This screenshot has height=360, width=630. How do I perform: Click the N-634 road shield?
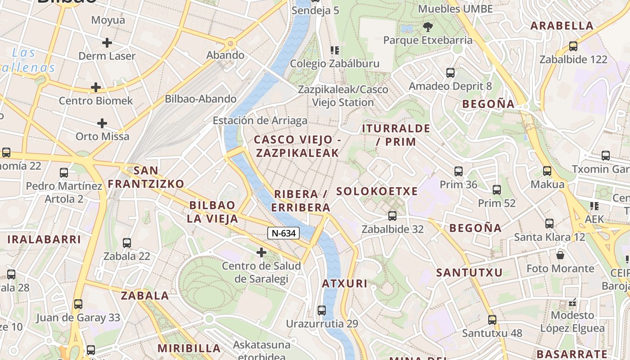pyautogui.click(x=284, y=233)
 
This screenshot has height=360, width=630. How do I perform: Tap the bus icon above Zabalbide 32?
pyautogui.click(x=392, y=216)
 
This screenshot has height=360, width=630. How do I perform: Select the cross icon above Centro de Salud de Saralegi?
pyautogui.click(x=261, y=252)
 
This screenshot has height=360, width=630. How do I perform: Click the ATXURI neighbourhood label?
pyautogui.click(x=345, y=284)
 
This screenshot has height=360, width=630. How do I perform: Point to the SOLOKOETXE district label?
pyautogui.click(x=377, y=191)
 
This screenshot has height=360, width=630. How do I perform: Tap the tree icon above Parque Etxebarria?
pyautogui.click(x=427, y=27)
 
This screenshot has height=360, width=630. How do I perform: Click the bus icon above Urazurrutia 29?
pyautogui.click(x=322, y=310)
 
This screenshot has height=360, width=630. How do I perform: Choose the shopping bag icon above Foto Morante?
pyautogui.click(x=560, y=255)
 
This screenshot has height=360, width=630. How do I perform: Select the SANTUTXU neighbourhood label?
pyautogui.click(x=469, y=273)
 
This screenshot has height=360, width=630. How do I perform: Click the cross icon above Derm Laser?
pyautogui.click(x=107, y=43)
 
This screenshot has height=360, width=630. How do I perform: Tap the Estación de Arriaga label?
pyautogui.click(x=260, y=121)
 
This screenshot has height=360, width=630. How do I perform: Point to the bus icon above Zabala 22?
pyautogui.click(x=127, y=243)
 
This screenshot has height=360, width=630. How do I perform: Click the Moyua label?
pyautogui.click(x=108, y=20)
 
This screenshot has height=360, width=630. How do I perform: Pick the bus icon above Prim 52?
pyautogui.click(x=497, y=190)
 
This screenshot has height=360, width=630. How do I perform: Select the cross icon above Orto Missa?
pyautogui.click(x=103, y=123)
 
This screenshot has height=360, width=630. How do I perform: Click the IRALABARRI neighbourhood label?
pyautogui.click(x=44, y=239)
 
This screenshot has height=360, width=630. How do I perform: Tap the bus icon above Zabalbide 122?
pyautogui.click(x=573, y=46)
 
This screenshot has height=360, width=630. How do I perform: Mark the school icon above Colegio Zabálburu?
pyautogui.click(x=334, y=50)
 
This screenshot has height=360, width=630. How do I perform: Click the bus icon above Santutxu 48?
pyautogui.click(x=492, y=320)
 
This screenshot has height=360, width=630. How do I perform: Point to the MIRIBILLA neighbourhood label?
pyautogui.click(x=189, y=348)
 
